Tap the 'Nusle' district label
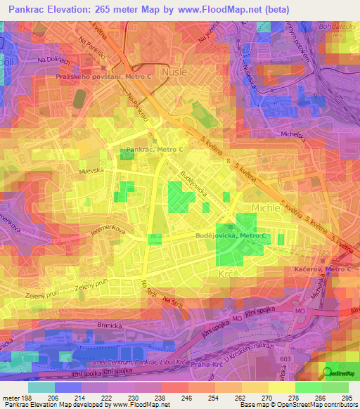[175, 72]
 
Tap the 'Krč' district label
[226, 273]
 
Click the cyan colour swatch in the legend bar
[41, 387]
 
